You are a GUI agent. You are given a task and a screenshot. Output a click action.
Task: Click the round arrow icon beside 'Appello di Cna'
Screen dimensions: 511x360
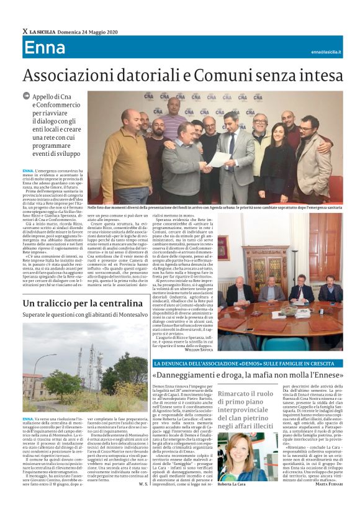(26, 96)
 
